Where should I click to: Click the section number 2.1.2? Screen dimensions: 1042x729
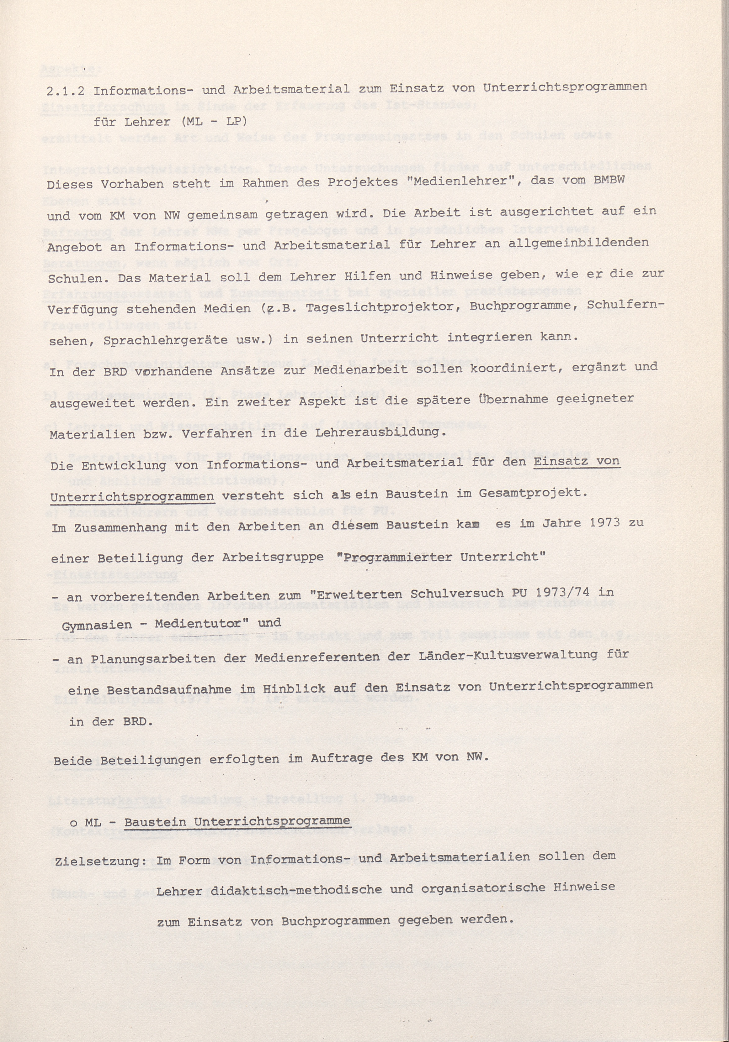66,91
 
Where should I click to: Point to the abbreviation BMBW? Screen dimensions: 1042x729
609,179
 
